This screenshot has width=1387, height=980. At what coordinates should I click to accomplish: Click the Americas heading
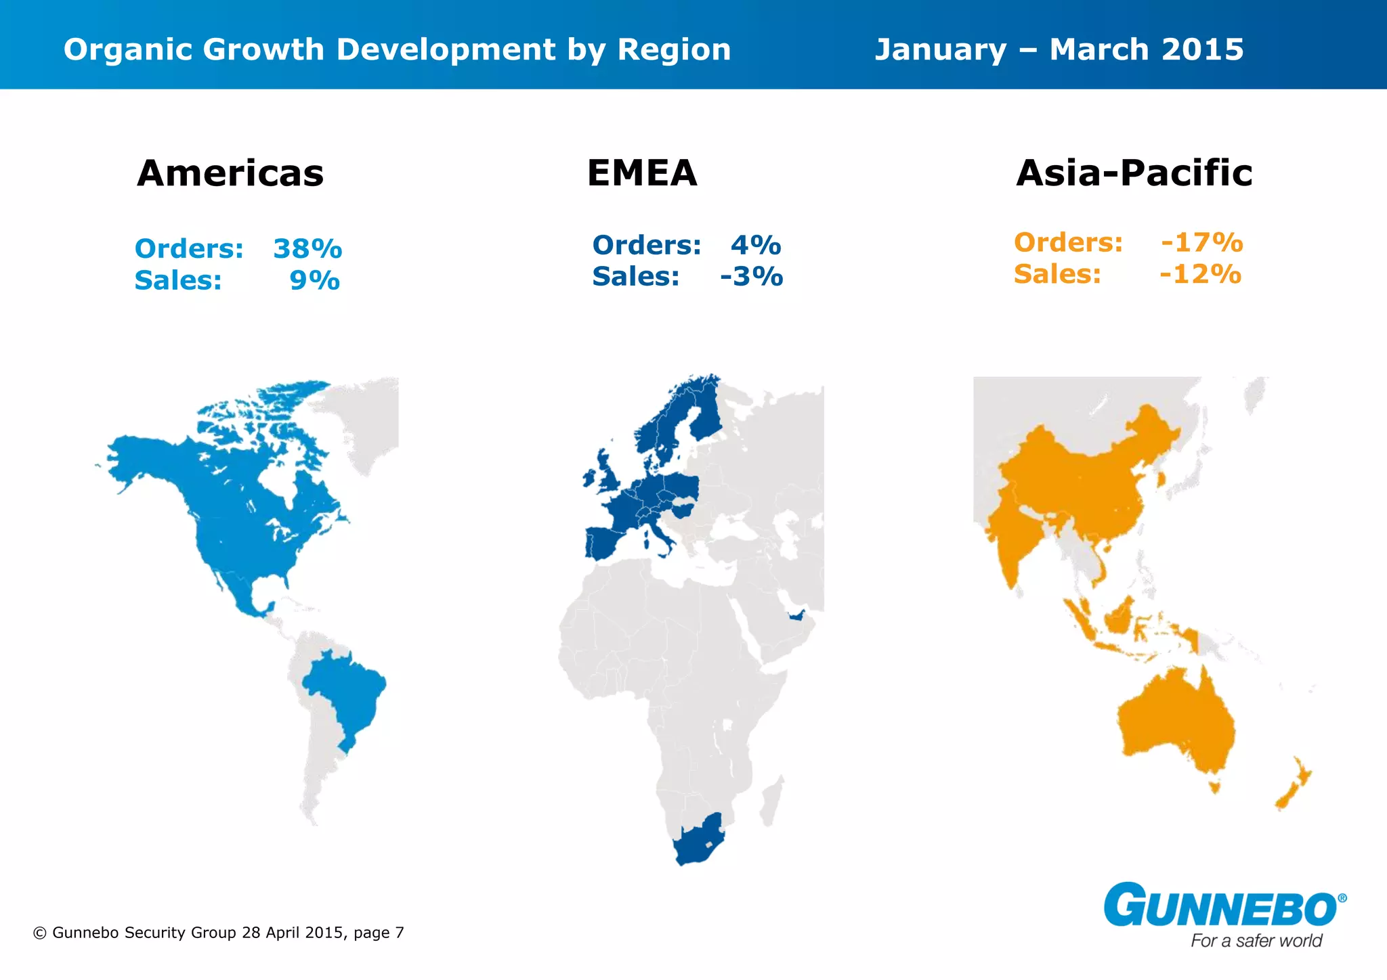click(x=230, y=173)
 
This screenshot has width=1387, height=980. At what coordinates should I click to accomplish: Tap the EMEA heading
click(x=642, y=173)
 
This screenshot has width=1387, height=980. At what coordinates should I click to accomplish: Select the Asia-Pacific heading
click(x=1134, y=173)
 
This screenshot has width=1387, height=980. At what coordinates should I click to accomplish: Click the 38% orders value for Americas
click(x=307, y=249)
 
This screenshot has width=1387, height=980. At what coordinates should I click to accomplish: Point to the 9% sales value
click(x=314, y=281)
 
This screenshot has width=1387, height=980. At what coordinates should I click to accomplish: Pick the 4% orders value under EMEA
click(x=756, y=245)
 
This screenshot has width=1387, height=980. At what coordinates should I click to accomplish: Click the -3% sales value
click(x=751, y=277)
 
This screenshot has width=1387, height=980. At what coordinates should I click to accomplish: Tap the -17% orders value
click(x=1201, y=242)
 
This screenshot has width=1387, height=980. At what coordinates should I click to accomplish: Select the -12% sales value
click(x=1200, y=274)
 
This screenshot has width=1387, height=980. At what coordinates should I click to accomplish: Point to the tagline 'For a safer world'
click(x=1256, y=941)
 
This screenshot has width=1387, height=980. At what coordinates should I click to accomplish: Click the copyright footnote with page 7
click(x=218, y=933)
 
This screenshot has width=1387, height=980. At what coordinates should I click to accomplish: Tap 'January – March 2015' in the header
click(x=1059, y=49)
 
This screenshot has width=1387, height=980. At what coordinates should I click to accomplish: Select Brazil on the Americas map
click(x=345, y=697)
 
